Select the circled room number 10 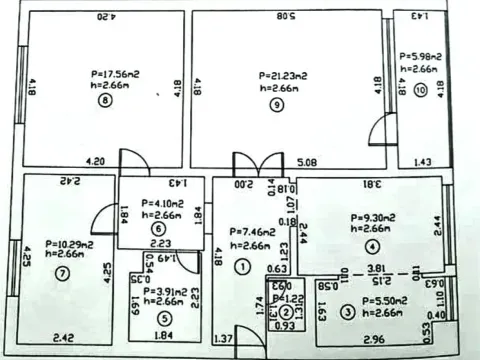420,89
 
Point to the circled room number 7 63,271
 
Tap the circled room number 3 347,311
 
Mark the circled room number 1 241,266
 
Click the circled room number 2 286,312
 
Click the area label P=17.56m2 105,73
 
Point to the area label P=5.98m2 421,57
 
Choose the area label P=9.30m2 373,217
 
